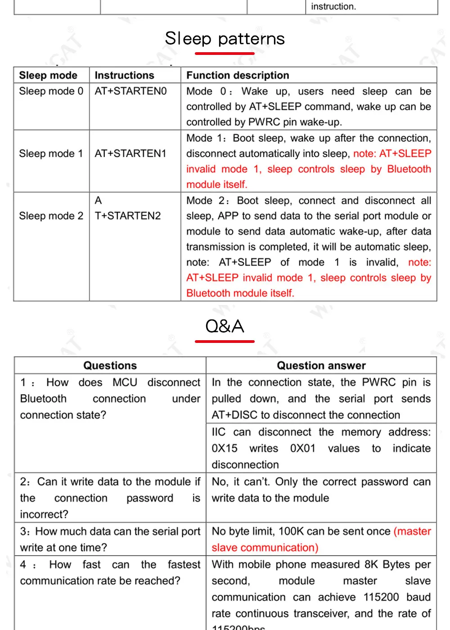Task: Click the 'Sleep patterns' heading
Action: (225, 39)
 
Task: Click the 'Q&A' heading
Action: (225, 326)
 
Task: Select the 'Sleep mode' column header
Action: (48, 75)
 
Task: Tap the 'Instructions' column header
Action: (124, 75)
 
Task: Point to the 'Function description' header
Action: (238, 75)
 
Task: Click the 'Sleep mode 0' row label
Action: (51, 91)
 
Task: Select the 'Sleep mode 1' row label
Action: (51, 153)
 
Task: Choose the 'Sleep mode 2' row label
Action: (51, 216)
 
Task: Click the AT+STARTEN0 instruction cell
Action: (130, 91)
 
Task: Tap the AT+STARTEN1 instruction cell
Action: (130, 153)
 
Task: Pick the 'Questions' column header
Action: (110, 365)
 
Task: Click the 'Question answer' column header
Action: (321, 365)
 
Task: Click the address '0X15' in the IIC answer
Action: (225, 448)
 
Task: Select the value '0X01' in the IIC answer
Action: (303, 448)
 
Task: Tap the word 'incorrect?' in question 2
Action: (44, 514)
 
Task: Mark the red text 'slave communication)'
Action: (265, 548)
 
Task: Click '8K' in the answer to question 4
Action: (371, 565)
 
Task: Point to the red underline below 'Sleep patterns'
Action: (225, 54)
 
